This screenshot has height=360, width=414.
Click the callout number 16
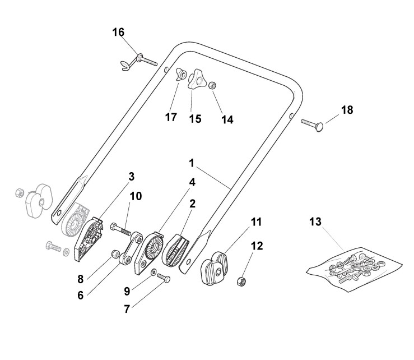point(118,32)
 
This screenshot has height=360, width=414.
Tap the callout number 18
point(347,110)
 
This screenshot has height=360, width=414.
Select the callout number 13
point(315,222)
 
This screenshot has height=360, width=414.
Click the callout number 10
point(136,196)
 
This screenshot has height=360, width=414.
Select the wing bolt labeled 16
point(142,61)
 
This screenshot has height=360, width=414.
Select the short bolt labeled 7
point(164,276)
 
